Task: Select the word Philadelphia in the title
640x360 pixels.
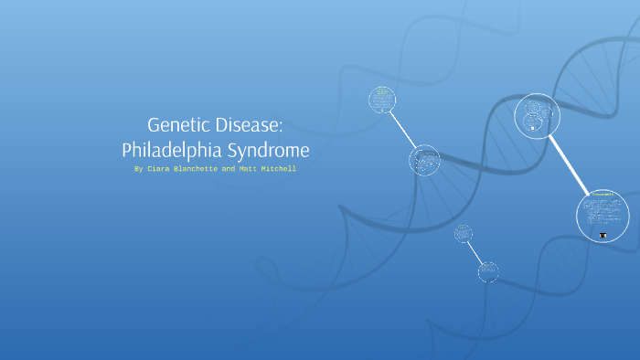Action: (x=168, y=148)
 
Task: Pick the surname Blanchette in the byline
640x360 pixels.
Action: (x=199, y=169)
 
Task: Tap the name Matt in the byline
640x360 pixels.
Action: (x=251, y=169)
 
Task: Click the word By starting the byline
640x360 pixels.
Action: (x=139, y=169)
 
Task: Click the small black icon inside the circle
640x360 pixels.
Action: (x=603, y=236)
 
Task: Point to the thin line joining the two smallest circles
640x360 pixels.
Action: (x=475, y=251)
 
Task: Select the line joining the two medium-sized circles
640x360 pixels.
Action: (x=403, y=130)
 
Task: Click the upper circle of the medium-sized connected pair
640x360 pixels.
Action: (x=382, y=100)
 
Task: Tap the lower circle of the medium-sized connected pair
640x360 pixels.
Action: (x=423, y=160)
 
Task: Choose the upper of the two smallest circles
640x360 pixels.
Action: (x=463, y=233)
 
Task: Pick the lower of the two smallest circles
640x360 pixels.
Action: (x=488, y=270)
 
